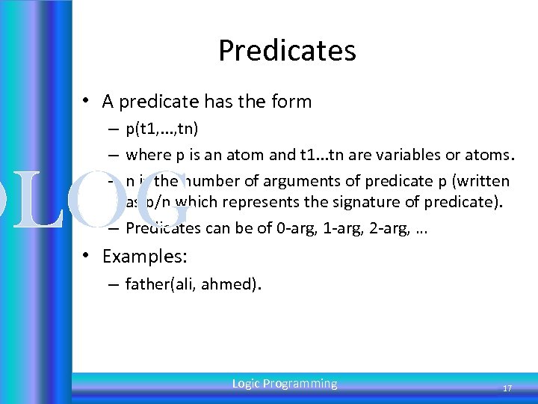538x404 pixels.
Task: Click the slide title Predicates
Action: tap(287, 51)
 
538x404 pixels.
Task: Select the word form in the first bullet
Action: tap(294, 101)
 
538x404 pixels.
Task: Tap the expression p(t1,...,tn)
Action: tap(161, 129)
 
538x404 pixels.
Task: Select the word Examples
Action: tap(144, 257)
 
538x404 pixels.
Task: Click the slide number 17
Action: tap(507, 388)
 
